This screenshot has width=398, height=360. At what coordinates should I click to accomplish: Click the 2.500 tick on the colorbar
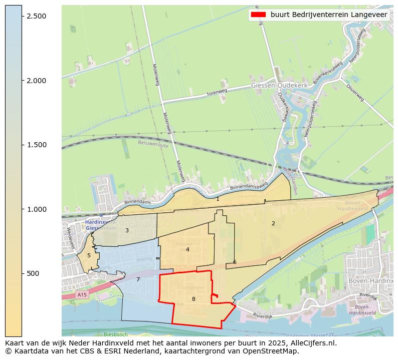tap(36, 16)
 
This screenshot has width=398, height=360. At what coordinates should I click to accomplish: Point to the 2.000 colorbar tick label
tap(36, 81)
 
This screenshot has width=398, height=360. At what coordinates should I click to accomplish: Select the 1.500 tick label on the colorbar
tap(36, 145)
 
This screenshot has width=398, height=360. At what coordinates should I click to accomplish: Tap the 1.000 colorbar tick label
tap(36, 209)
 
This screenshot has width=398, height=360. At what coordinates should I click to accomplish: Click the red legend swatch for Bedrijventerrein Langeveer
tap(258, 15)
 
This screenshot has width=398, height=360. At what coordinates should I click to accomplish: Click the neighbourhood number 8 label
tap(193, 299)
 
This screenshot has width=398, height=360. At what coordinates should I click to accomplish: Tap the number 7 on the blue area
tap(138, 279)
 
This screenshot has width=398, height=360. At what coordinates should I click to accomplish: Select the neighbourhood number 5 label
tap(89, 256)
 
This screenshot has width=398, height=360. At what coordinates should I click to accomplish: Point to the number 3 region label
tap(127, 231)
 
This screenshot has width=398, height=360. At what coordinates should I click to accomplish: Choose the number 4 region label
tap(187, 249)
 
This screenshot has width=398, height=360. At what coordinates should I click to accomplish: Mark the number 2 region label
tap(273, 223)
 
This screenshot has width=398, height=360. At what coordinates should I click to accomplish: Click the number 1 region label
tap(218, 199)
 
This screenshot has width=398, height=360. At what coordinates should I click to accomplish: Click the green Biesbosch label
tap(116, 334)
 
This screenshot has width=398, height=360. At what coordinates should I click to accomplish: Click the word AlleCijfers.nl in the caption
tap(311, 343)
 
